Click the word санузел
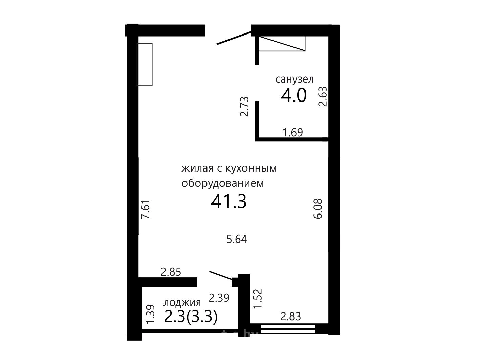pyautogui.click(x=294, y=80)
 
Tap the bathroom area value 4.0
pyautogui.click(x=294, y=96)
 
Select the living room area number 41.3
pyautogui.click(x=229, y=201)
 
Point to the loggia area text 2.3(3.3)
pyautogui.click(x=191, y=317)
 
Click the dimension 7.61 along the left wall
pyautogui.click(x=145, y=209)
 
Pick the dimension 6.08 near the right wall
pyautogui.click(x=318, y=208)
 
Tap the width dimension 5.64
pyautogui.click(x=237, y=239)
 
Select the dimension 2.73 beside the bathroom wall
pyautogui.click(x=244, y=107)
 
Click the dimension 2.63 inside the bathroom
pyautogui.click(x=323, y=96)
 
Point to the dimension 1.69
pyautogui.click(x=292, y=132)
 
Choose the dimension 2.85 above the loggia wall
pyautogui.click(x=171, y=272)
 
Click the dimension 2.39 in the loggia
pyautogui.click(x=219, y=298)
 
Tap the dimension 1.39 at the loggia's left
pyautogui.click(x=150, y=314)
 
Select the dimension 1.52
pyautogui.click(x=257, y=298)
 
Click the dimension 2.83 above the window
pyautogui.click(x=291, y=316)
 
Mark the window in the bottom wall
pyautogui.click(x=288, y=329)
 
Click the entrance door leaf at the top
pyautogui.click(x=234, y=38)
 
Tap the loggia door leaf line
pyautogui.click(x=221, y=275)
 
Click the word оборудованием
pyautogui.click(x=223, y=184)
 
